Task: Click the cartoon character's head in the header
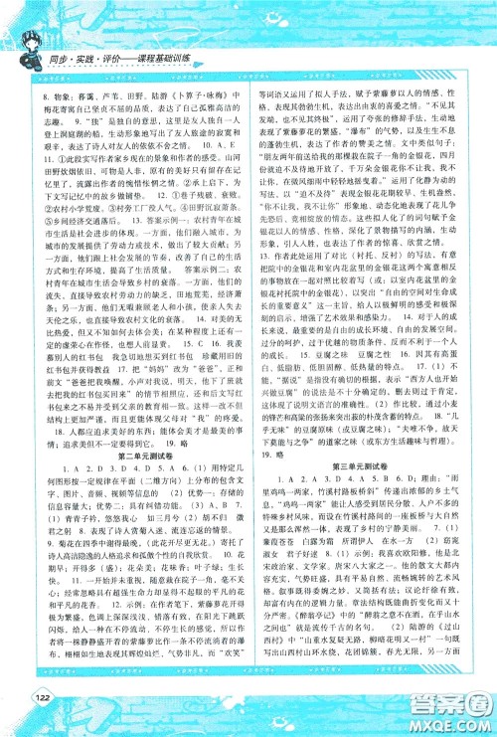tap(24, 22)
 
